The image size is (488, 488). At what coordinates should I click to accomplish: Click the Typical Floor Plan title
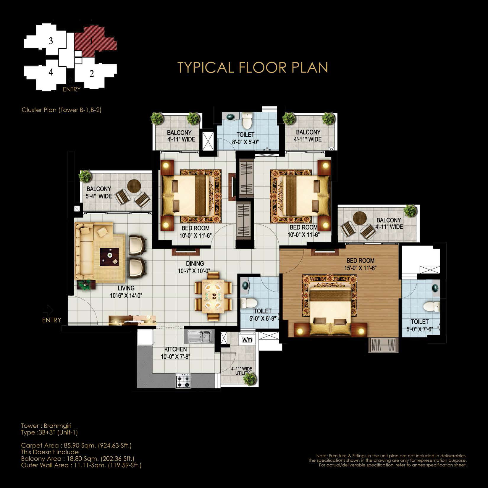253,67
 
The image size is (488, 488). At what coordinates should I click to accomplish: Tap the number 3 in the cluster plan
51,41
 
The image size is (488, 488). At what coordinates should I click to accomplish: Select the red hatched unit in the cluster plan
95,41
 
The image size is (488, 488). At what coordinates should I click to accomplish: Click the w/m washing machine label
247,340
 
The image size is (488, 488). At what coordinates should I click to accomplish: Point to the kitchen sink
199,336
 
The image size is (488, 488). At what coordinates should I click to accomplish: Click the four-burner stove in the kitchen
183,381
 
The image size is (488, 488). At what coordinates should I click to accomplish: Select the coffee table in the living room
109,257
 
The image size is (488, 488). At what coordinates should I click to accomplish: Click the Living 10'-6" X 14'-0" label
126,292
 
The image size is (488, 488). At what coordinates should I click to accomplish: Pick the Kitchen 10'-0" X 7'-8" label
175,353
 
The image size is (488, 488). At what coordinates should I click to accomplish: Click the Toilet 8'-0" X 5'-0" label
245,138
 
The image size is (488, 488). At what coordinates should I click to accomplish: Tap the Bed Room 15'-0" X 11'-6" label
360,264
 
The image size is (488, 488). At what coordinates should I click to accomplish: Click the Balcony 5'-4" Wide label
99,192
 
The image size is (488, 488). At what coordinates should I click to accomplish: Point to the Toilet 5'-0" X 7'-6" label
420,325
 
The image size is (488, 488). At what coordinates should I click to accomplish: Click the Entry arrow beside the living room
48,310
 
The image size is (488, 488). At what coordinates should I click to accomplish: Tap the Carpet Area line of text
76,445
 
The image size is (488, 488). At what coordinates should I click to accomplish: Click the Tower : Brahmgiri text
46,426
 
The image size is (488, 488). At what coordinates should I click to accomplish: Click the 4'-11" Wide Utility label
242,371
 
